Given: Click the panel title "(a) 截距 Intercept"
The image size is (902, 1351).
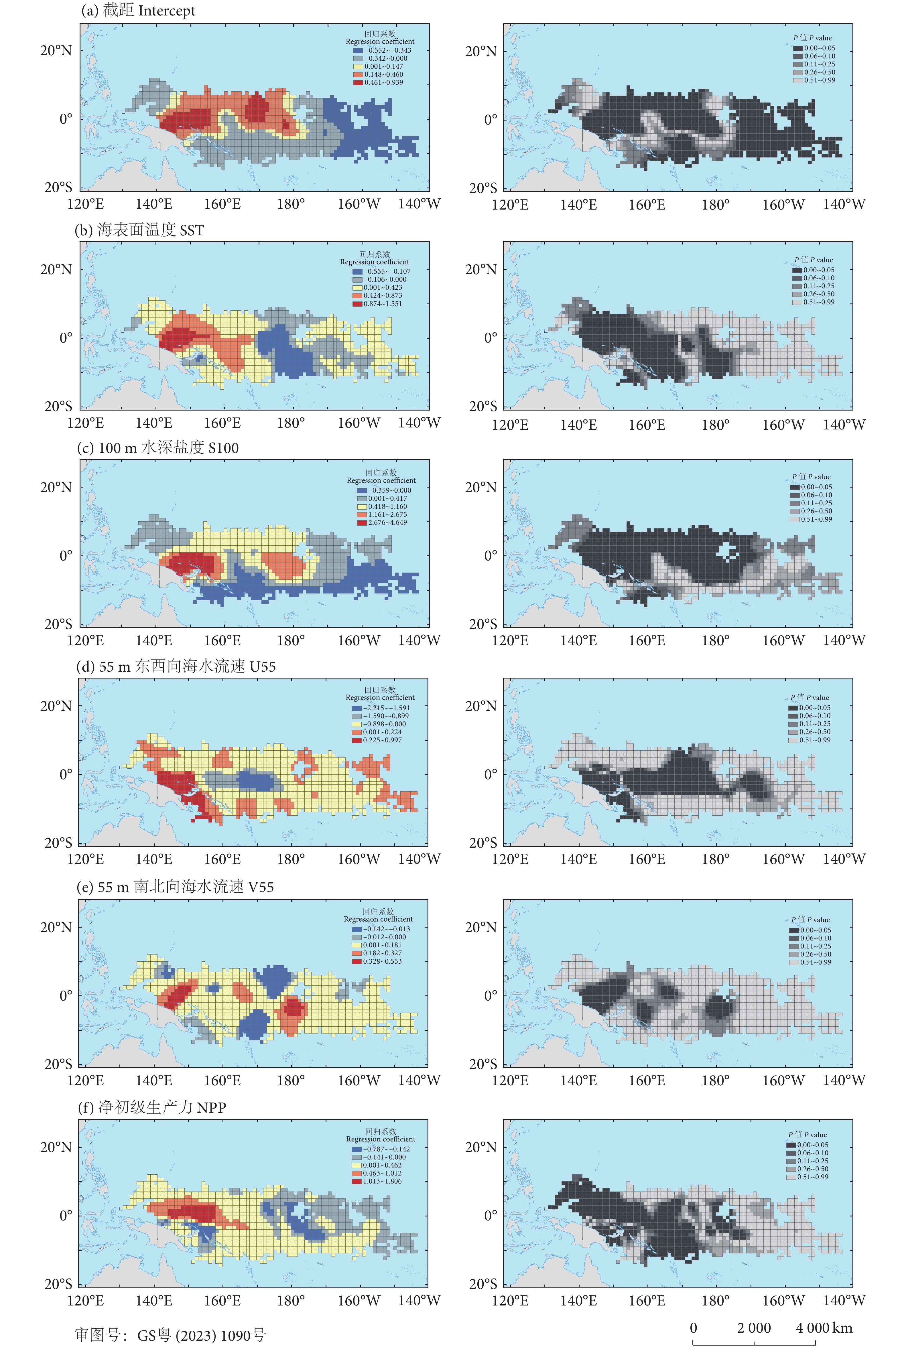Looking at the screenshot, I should (138, 11).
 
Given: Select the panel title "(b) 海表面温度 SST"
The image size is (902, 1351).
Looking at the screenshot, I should (139, 230).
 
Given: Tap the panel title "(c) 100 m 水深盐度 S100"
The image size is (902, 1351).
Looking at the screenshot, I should (157, 448).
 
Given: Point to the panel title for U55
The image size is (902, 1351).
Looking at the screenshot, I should (176, 666).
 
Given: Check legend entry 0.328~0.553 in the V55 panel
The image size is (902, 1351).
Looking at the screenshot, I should (382, 961).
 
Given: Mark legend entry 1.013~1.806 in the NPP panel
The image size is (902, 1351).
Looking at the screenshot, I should (382, 1181).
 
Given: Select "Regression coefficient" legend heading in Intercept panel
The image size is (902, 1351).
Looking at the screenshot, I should (380, 42).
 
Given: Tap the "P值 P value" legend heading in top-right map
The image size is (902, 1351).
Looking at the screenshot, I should (812, 38).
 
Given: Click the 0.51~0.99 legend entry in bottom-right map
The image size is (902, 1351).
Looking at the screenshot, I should (812, 1177).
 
